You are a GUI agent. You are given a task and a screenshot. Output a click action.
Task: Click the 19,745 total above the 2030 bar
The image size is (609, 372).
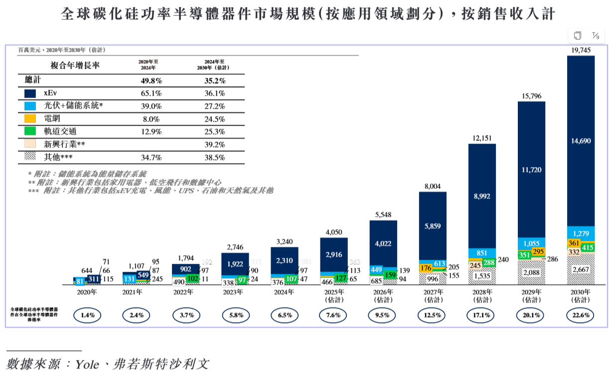click(x=581, y=50)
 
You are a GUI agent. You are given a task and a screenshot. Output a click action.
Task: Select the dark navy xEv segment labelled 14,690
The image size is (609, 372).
click(x=581, y=141)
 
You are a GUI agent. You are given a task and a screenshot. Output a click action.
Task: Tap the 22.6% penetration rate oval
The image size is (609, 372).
click(x=580, y=315)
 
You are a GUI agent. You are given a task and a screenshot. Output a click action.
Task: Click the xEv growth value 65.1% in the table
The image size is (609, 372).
click(x=152, y=93)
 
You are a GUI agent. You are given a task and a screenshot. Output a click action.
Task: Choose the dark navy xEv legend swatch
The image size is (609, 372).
click(x=30, y=93)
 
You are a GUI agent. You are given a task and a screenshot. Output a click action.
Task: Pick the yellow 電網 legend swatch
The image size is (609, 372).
click(x=30, y=119)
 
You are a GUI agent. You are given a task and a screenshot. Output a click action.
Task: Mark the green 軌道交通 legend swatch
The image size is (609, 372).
click(x=30, y=132)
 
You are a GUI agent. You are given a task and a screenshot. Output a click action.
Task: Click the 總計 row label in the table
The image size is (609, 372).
click(x=32, y=80)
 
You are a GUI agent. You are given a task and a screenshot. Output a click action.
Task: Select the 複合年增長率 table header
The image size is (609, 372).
click(x=75, y=65)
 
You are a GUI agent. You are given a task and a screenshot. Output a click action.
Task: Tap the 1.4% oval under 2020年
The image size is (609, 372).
click(x=87, y=315)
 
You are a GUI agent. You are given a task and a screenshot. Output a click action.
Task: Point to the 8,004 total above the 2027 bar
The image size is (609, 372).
click(x=433, y=186)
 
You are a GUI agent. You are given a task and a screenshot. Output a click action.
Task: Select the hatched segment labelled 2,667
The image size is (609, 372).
click(x=581, y=270)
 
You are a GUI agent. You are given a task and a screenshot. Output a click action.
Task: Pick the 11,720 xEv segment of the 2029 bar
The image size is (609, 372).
click(x=532, y=170)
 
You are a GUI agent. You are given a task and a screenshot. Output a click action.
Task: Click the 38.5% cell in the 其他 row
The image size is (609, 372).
click(x=215, y=157)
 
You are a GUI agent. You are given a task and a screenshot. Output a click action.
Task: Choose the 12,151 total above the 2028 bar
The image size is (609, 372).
click(x=482, y=138)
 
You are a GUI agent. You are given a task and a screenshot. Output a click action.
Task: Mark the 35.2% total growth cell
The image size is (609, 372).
click(x=215, y=80)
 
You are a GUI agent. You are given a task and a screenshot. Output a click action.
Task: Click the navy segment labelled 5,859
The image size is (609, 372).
click(x=433, y=226)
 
